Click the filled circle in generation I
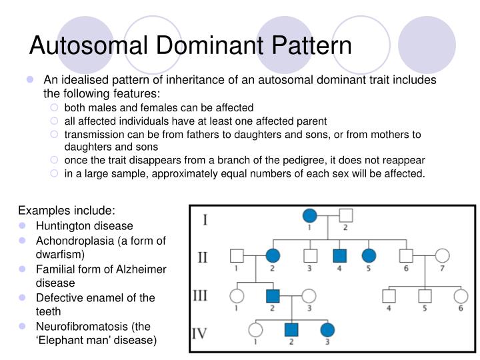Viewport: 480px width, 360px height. click(309, 216)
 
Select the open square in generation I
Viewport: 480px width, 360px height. click(345, 216)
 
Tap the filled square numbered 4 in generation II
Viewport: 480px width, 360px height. click(339, 255)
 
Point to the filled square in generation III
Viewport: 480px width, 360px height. click(273, 295)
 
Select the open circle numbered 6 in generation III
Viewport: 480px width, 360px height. click(460, 295)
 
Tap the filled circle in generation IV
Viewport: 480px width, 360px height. click(327, 329)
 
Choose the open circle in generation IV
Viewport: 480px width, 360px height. click(255, 329)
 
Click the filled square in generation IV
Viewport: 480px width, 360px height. click(290, 329)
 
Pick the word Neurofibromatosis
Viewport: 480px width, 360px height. click(81, 326)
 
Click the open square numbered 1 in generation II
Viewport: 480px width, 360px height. click(237, 255)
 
